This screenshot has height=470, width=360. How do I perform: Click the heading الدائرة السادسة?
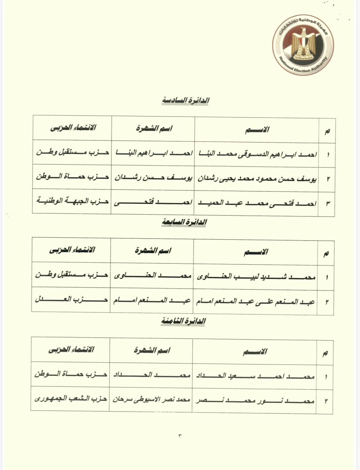pos(185,101)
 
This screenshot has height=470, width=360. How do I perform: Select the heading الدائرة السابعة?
pos(184,223)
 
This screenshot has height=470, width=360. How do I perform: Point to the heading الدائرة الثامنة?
pos(183,321)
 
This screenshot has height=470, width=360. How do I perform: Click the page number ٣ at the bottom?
pos(180,435)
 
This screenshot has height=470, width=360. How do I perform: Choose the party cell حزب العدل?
pos(71,300)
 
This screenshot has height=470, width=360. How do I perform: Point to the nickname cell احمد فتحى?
pos(153,203)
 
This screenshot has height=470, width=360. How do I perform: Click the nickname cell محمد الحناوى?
pos(152,276)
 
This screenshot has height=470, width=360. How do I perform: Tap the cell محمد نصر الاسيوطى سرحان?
pos(151,400)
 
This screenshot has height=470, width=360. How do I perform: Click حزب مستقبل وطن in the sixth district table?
pos(72,152)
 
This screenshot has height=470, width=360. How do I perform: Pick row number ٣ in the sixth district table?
pos(328,204)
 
